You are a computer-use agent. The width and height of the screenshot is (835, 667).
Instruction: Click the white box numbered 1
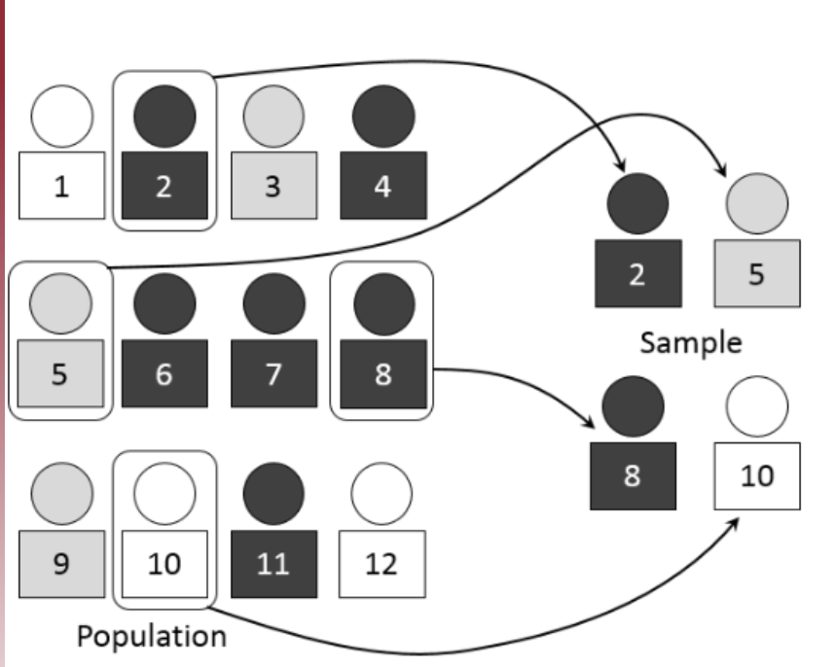click(61, 185)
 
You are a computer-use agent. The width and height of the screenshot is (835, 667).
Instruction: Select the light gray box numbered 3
click(273, 185)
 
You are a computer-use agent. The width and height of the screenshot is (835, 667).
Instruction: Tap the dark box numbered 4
click(382, 185)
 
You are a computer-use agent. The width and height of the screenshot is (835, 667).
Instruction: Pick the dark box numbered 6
click(164, 374)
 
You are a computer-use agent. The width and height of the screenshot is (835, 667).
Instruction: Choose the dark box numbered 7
click(273, 374)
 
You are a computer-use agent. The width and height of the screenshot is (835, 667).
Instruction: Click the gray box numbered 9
click(61, 564)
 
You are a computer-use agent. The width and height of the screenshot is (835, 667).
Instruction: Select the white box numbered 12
click(382, 564)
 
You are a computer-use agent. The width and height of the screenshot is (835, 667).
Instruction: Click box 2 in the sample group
click(636, 272)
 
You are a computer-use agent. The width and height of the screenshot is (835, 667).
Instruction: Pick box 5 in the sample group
click(757, 272)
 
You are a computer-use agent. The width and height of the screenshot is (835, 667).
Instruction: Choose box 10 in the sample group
click(757, 475)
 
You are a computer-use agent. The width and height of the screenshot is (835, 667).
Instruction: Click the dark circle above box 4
click(382, 116)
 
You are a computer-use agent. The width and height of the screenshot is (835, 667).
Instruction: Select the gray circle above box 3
click(273, 116)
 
